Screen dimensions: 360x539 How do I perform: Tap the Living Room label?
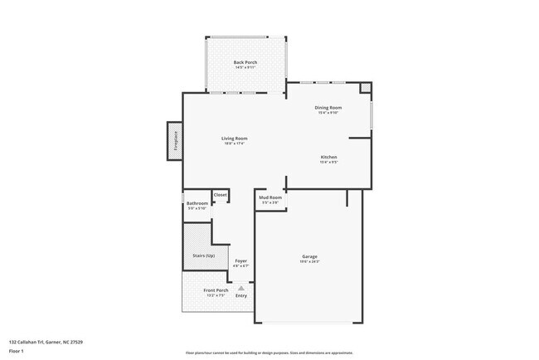coord(234,139)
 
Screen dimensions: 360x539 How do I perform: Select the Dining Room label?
coord(328,108)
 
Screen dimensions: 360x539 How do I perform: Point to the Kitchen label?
coord(328,157)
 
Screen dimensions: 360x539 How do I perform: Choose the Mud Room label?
coord(270,197)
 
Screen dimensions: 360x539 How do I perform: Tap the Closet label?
coord(220,195)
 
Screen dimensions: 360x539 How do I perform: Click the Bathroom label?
coord(197,203)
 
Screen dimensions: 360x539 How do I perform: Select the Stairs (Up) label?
coord(203,255)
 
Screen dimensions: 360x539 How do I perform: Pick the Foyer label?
coord(240,260)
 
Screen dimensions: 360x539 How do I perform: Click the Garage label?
coord(309,256)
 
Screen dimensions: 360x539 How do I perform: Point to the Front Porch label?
coord(216,290)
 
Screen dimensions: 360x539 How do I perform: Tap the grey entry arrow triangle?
coord(241,288)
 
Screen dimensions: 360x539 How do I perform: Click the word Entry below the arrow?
coord(241,296)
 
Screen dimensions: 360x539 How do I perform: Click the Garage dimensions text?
coord(309,262)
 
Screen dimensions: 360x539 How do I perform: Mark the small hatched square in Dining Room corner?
coord(366,87)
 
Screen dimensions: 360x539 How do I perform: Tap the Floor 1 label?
coord(16,351)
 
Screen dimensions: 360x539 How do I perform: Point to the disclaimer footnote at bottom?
coord(269,353)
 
